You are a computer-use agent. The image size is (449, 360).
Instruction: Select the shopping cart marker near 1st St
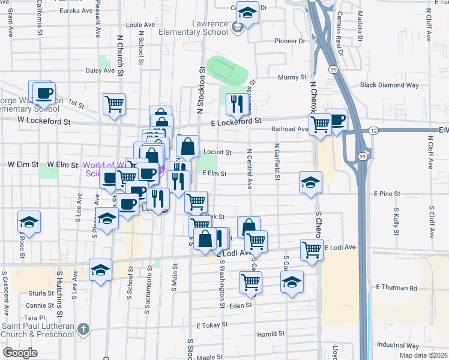114,104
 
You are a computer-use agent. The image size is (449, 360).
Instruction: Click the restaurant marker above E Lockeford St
237,104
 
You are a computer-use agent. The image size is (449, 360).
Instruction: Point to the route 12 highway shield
373,130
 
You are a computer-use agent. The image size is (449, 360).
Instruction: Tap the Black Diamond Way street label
389,85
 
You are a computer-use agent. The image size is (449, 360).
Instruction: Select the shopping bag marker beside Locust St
188,146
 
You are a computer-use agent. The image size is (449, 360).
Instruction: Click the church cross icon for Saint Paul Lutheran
83,329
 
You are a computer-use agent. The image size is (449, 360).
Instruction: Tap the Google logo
20,353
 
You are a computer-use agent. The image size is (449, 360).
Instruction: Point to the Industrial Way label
398,345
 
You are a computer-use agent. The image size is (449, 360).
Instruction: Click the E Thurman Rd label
396,288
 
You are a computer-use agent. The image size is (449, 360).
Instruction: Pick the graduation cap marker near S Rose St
29,222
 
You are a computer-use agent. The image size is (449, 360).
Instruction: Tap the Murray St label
292,77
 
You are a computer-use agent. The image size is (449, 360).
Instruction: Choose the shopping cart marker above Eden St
250,281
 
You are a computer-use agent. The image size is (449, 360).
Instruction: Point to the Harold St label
270,334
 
